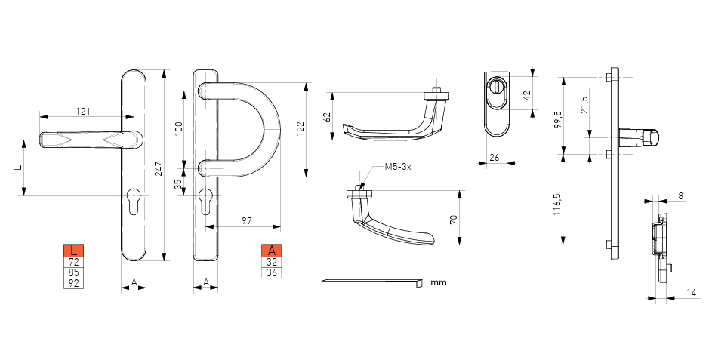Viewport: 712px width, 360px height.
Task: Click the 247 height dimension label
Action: [x=159, y=169]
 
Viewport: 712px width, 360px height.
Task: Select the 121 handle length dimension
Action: [x=83, y=111]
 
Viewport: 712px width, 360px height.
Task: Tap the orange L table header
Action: [x=73, y=250]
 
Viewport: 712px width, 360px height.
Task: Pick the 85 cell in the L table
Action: [x=73, y=273]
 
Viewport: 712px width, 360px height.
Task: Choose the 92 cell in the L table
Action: [x=73, y=283]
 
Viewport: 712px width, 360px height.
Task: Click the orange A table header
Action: [x=272, y=250]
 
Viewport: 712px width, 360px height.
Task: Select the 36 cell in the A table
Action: [x=272, y=273]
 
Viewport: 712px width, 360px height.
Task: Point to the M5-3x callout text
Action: [x=398, y=167]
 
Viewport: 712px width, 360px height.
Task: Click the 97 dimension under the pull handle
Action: [x=247, y=221]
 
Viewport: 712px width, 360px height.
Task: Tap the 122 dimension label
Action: [x=301, y=129]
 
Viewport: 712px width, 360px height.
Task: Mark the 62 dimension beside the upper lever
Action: [x=328, y=117]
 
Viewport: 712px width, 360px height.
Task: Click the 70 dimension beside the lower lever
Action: [x=453, y=220]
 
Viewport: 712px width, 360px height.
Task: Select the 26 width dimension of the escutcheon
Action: [x=495, y=158]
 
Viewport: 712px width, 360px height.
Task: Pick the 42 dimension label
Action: [x=527, y=95]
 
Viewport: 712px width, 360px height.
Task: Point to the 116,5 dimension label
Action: [x=558, y=204]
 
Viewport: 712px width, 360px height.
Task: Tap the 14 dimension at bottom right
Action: [x=691, y=294]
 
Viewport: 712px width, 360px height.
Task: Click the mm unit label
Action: [x=439, y=282]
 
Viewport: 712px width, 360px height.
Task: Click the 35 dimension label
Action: [x=178, y=183]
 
